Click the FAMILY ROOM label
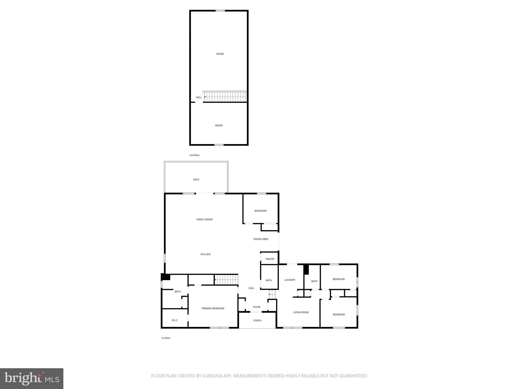[204, 220]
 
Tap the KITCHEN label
[205, 254]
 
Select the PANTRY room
[270, 259]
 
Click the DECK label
[196, 180]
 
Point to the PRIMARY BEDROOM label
[213, 308]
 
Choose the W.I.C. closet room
[175, 320]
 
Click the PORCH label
[257, 321]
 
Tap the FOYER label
[256, 307]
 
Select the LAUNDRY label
[290, 280]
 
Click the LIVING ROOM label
[301, 312]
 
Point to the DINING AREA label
[261, 239]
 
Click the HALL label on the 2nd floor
[199, 98]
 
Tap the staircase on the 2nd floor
[225, 97]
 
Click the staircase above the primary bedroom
[226, 280]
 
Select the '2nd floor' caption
[195, 155]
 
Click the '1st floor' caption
[166, 338]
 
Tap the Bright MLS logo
[32, 378]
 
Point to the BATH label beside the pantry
[269, 280]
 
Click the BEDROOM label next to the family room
[260, 211]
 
